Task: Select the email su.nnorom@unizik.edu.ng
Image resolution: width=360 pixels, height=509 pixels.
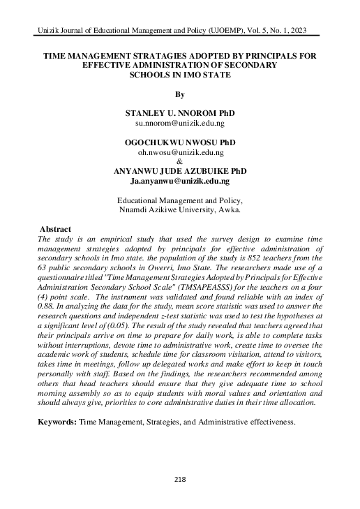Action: click(x=180, y=121)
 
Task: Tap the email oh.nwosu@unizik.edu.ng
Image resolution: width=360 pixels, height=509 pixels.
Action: click(x=180, y=152)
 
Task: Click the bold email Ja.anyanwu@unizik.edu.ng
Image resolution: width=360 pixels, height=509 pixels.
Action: click(x=180, y=181)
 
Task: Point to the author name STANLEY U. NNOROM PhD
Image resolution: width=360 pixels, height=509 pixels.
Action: click(x=180, y=112)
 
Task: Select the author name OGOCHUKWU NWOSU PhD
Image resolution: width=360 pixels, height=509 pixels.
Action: click(x=180, y=142)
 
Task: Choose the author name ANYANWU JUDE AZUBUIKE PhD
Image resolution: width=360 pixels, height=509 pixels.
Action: click(x=180, y=172)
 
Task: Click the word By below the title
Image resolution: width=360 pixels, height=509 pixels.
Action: click(x=180, y=93)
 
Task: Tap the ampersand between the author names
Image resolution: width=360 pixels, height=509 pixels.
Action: click(x=180, y=161)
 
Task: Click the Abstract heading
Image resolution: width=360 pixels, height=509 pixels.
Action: click(x=56, y=229)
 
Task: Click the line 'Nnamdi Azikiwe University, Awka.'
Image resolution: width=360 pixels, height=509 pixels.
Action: click(x=180, y=209)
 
